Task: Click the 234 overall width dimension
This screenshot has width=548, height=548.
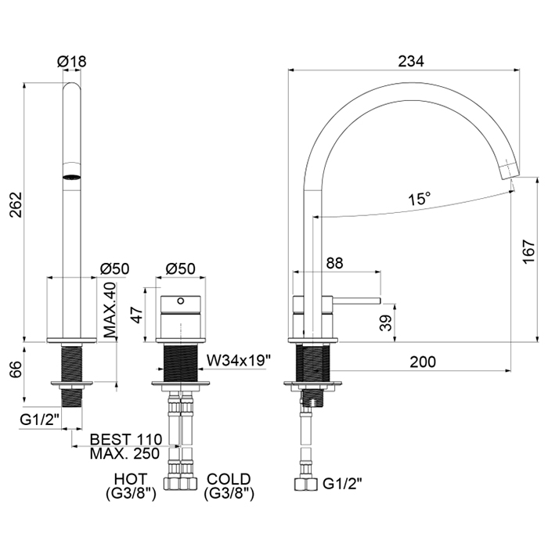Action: (x=411, y=61)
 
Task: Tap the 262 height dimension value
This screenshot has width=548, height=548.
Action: (x=16, y=204)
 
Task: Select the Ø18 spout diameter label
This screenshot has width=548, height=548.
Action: (x=72, y=62)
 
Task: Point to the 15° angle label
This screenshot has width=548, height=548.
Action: (x=420, y=199)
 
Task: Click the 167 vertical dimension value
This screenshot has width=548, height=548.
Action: (x=529, y=251)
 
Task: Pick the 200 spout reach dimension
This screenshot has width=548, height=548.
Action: (x=423, y=362)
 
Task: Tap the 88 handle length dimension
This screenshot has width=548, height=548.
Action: (x=334, y=263)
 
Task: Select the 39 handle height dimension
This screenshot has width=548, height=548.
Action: (x=386, y=323)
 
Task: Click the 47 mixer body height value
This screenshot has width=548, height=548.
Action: (x=136, y=315)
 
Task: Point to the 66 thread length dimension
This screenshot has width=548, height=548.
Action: (x=16, y=369)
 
